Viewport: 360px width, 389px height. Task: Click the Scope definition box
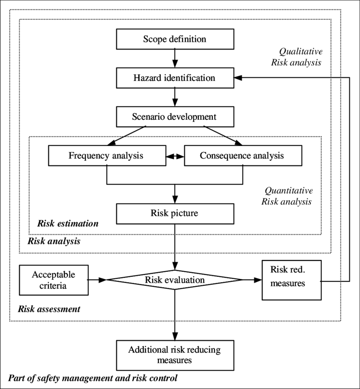coord(175,39)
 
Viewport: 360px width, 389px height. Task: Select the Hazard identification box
coord(175,78)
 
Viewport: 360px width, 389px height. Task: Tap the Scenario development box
coord(175,117)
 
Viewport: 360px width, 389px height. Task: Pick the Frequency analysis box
coord(107,155)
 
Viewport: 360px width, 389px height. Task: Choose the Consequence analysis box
coord(243,155)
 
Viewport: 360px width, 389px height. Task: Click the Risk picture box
coord(175,213)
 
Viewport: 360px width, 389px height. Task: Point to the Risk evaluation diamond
coord(175,280)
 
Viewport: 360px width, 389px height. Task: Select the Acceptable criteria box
coord(54,280)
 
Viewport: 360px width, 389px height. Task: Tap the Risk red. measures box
coord(291,280)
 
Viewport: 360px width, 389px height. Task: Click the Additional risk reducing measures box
coord(175,355)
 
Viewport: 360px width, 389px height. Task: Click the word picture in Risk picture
coord(184,213)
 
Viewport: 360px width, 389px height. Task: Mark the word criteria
coord(53,286)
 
